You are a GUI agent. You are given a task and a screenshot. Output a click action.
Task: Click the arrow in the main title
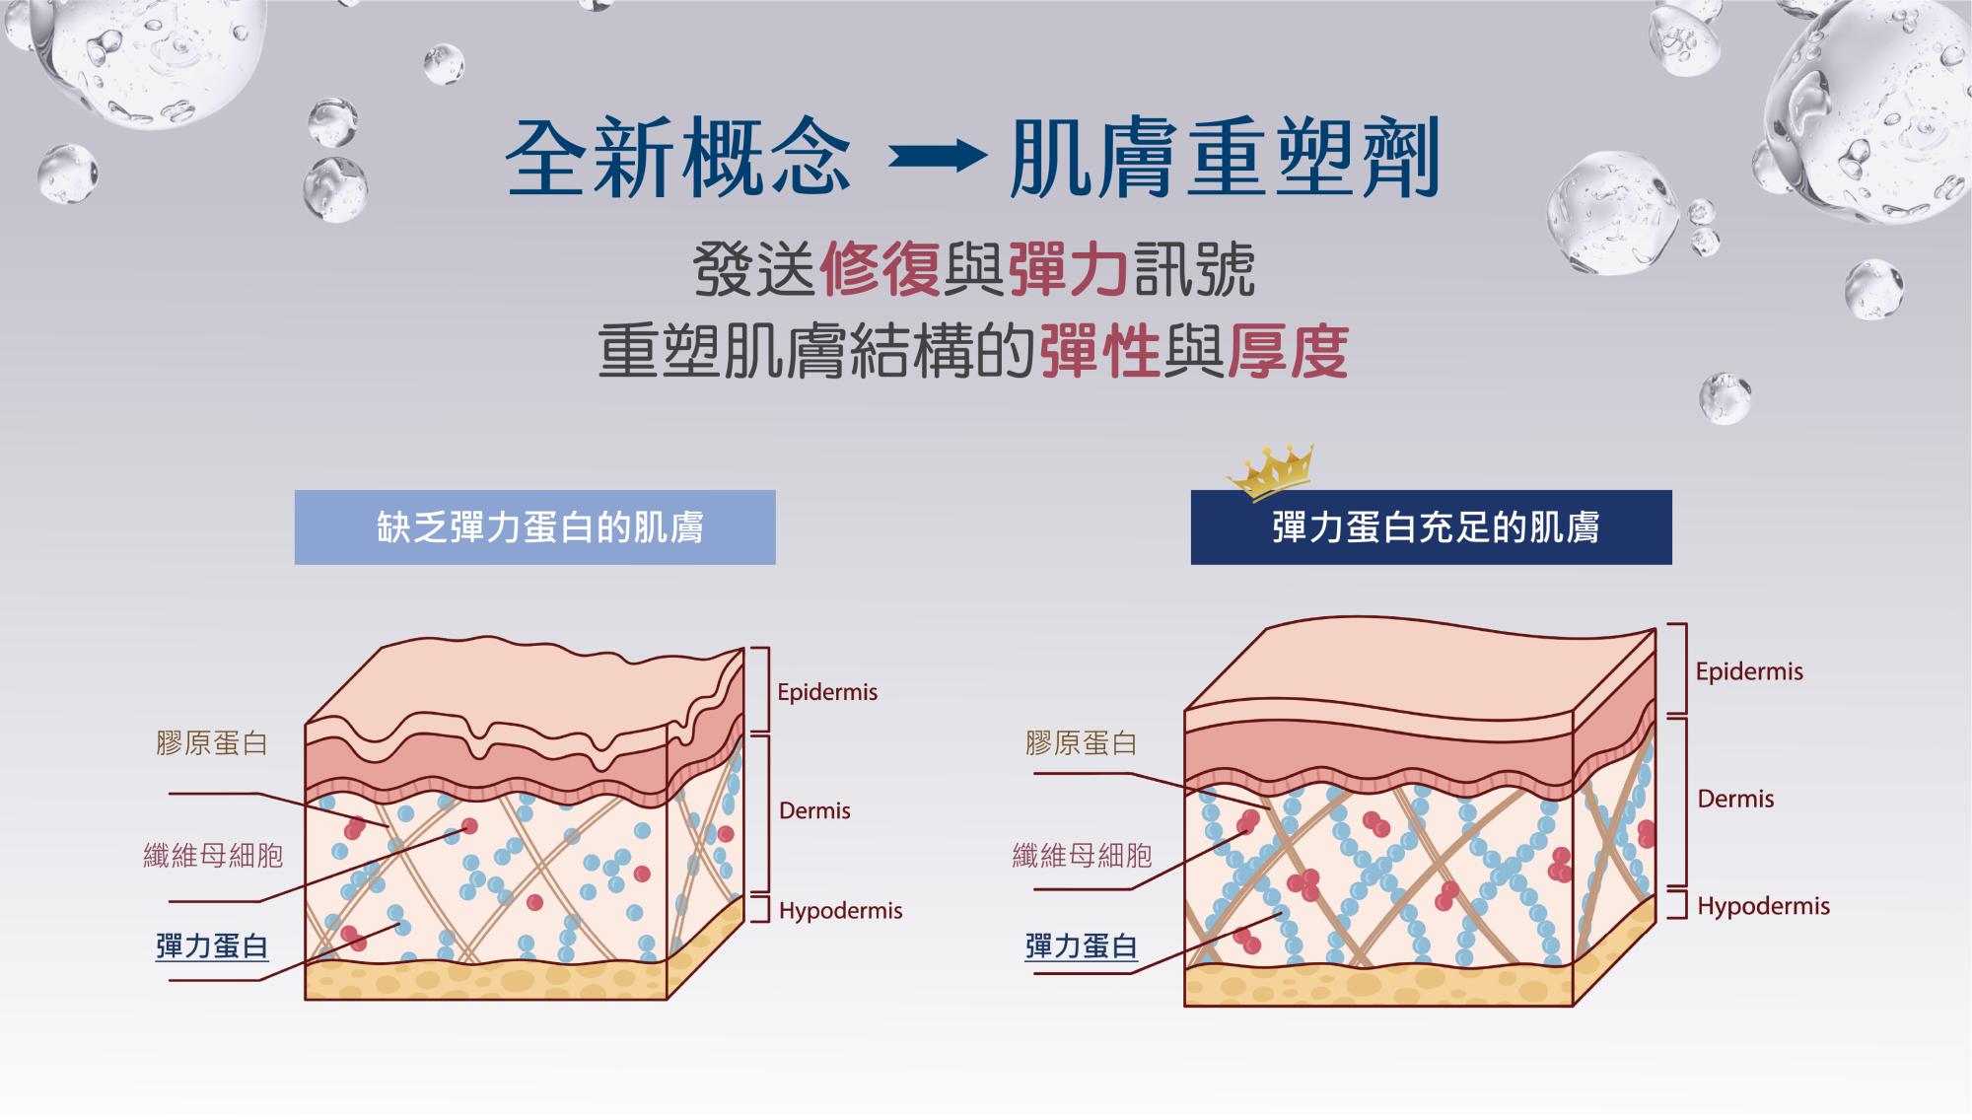click(x=938, y=157)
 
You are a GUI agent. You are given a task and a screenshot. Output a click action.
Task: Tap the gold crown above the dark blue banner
click(x=1272, y=472)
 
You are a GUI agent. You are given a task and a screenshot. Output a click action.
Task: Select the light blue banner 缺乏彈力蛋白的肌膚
click(x=534, y=527)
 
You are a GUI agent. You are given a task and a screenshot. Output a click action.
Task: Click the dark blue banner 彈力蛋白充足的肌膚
click(x=1431, y=527)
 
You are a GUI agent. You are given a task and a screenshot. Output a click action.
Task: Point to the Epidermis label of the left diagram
click(x=827, y=692)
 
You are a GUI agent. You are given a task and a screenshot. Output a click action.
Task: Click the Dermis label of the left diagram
click(x=814, y=811)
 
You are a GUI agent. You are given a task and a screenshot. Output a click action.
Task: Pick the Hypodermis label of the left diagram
click(x=840, y=911)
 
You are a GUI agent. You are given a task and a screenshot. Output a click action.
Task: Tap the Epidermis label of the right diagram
click(x=1749, y=672)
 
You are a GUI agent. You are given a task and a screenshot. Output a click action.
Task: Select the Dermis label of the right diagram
click(x=1735, y=799)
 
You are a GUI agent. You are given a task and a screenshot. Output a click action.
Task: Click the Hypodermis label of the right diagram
click(x=1763, y=906)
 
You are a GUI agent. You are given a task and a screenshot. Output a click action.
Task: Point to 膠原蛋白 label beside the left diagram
click(x=212, y=743)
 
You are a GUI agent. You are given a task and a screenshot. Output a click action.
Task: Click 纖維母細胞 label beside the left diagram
click(x=213, y=855)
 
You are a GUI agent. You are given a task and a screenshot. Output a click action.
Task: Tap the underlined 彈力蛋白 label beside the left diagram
click(x=212, y=946)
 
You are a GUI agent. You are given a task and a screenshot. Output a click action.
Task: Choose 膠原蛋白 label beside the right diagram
click(x=1082, y=743)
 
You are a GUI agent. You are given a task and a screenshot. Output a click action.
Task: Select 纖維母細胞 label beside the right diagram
click(x=1082, y=855)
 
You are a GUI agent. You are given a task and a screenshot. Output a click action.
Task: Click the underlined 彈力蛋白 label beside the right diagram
click(x=1082, y=946)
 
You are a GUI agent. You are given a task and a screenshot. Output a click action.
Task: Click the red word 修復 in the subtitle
click(x=880, y=269)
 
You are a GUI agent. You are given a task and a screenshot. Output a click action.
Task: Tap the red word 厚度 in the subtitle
click(x=1287, y=351)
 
